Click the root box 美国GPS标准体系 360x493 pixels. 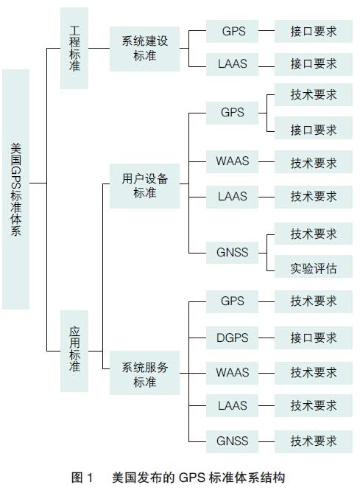16,189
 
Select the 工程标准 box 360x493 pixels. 74,49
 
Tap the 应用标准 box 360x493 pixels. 74,351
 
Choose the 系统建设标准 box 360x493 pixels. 144,49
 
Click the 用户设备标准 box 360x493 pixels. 144,186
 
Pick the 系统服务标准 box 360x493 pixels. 144,373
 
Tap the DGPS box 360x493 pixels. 232,338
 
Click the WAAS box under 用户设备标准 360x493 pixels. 232,161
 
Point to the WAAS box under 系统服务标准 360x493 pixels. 232,373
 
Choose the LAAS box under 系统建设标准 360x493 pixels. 232,64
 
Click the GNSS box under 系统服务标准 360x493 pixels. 232,441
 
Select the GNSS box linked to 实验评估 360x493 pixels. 232,253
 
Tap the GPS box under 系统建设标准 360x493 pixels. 232,32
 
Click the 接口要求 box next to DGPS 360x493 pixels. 314,338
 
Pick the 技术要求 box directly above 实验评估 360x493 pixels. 314,234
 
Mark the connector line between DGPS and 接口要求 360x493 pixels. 267,338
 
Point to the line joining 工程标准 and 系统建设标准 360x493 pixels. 99,49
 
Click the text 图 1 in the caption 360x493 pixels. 82,478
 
